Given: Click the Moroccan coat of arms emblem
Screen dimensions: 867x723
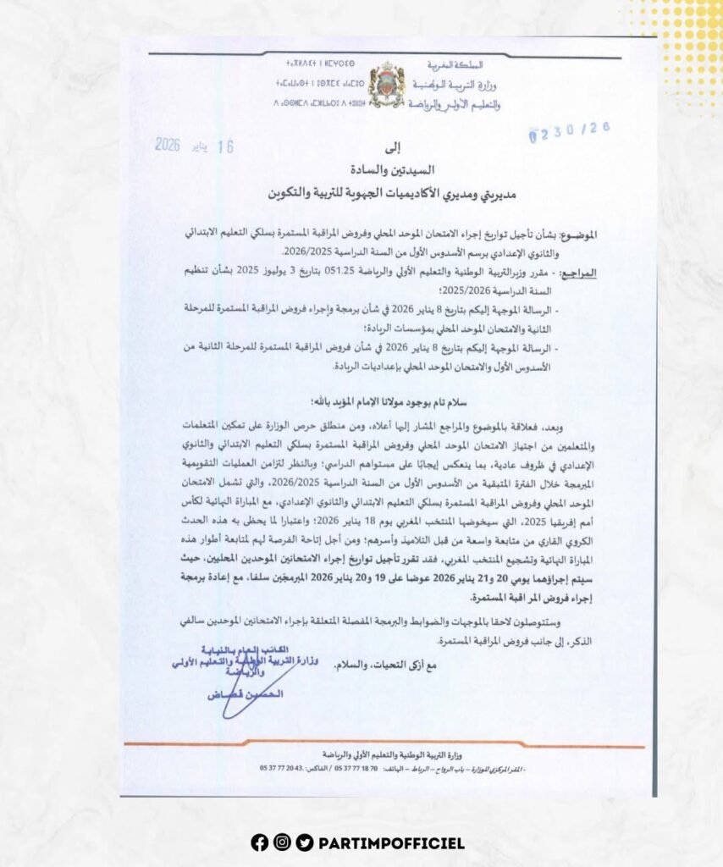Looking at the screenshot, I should [387, 85].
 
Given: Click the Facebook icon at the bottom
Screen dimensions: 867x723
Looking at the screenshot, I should [259, 842].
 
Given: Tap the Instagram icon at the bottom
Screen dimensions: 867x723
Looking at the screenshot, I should [282, 842].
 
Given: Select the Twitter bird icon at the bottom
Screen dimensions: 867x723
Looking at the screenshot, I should [305, 842].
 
